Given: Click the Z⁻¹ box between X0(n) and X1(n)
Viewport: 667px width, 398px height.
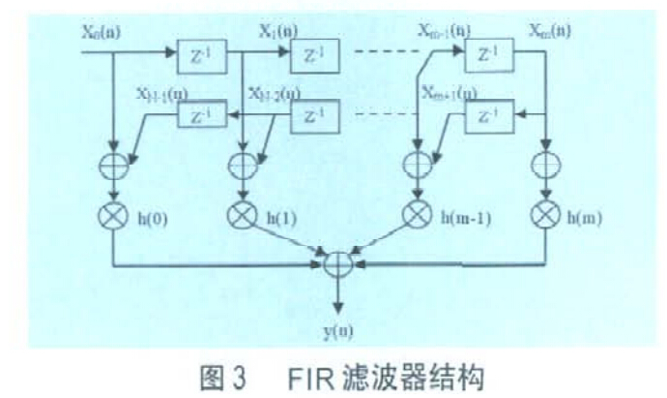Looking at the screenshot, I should [201, 57].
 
